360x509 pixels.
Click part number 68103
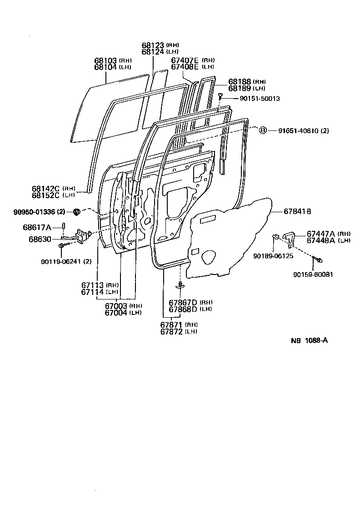pyautogui.click(x=106, y=60)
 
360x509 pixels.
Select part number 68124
pyautogui.click(x=153, y=52)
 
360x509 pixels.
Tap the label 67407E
pyautogui.click(x=185, y=60)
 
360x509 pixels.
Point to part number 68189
pyautogui.click(x=240, y=88)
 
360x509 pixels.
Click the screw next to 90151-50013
pyautogui.click(x=220, y=96)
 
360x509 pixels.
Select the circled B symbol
pyautogui.click(x=262, y=131)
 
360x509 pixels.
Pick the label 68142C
pyautogui.click(x=46, y=188)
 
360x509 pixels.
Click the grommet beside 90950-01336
pyautogui.click(x=77, y=211)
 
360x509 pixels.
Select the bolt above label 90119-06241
pyautogui.click(x=60, y=246)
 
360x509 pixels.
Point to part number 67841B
pyautogui.click(x=297, y=211)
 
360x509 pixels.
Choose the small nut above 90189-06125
pyautogui.click(x=275, y=236)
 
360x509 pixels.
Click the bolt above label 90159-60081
pyautogui.click(x=318, y=260)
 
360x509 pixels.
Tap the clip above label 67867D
pyautogui.click(x=181, y=285)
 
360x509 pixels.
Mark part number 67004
pyautogui.click(x=116, y=312)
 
